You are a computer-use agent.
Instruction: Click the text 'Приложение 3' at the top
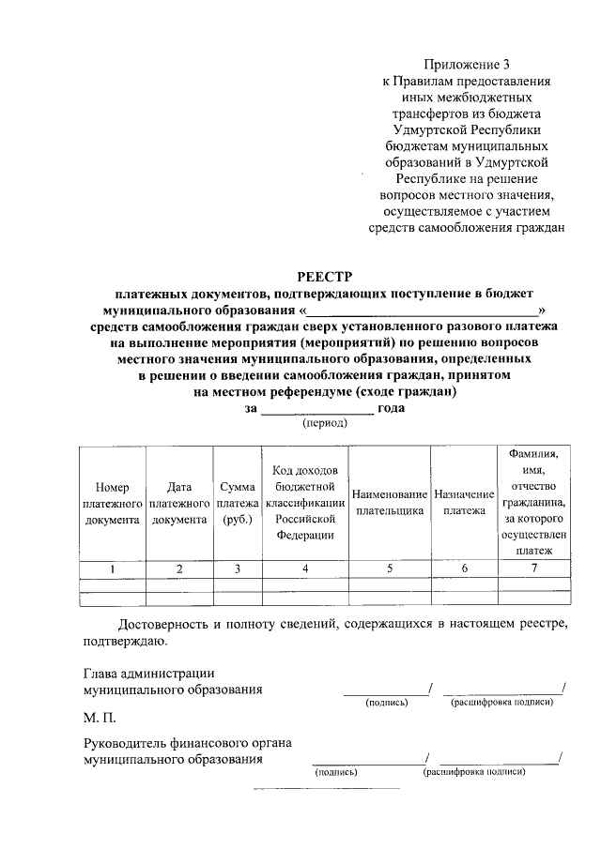coord(467,65)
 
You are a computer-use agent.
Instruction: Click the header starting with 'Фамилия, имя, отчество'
coord(534,503)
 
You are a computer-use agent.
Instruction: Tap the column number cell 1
coord(112,569)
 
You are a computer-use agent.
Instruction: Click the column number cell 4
coord(305,569)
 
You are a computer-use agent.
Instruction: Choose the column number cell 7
coord(534,569)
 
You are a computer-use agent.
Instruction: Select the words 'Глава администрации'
coord(149,673)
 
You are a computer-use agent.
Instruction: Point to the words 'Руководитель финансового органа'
coord(187,743)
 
